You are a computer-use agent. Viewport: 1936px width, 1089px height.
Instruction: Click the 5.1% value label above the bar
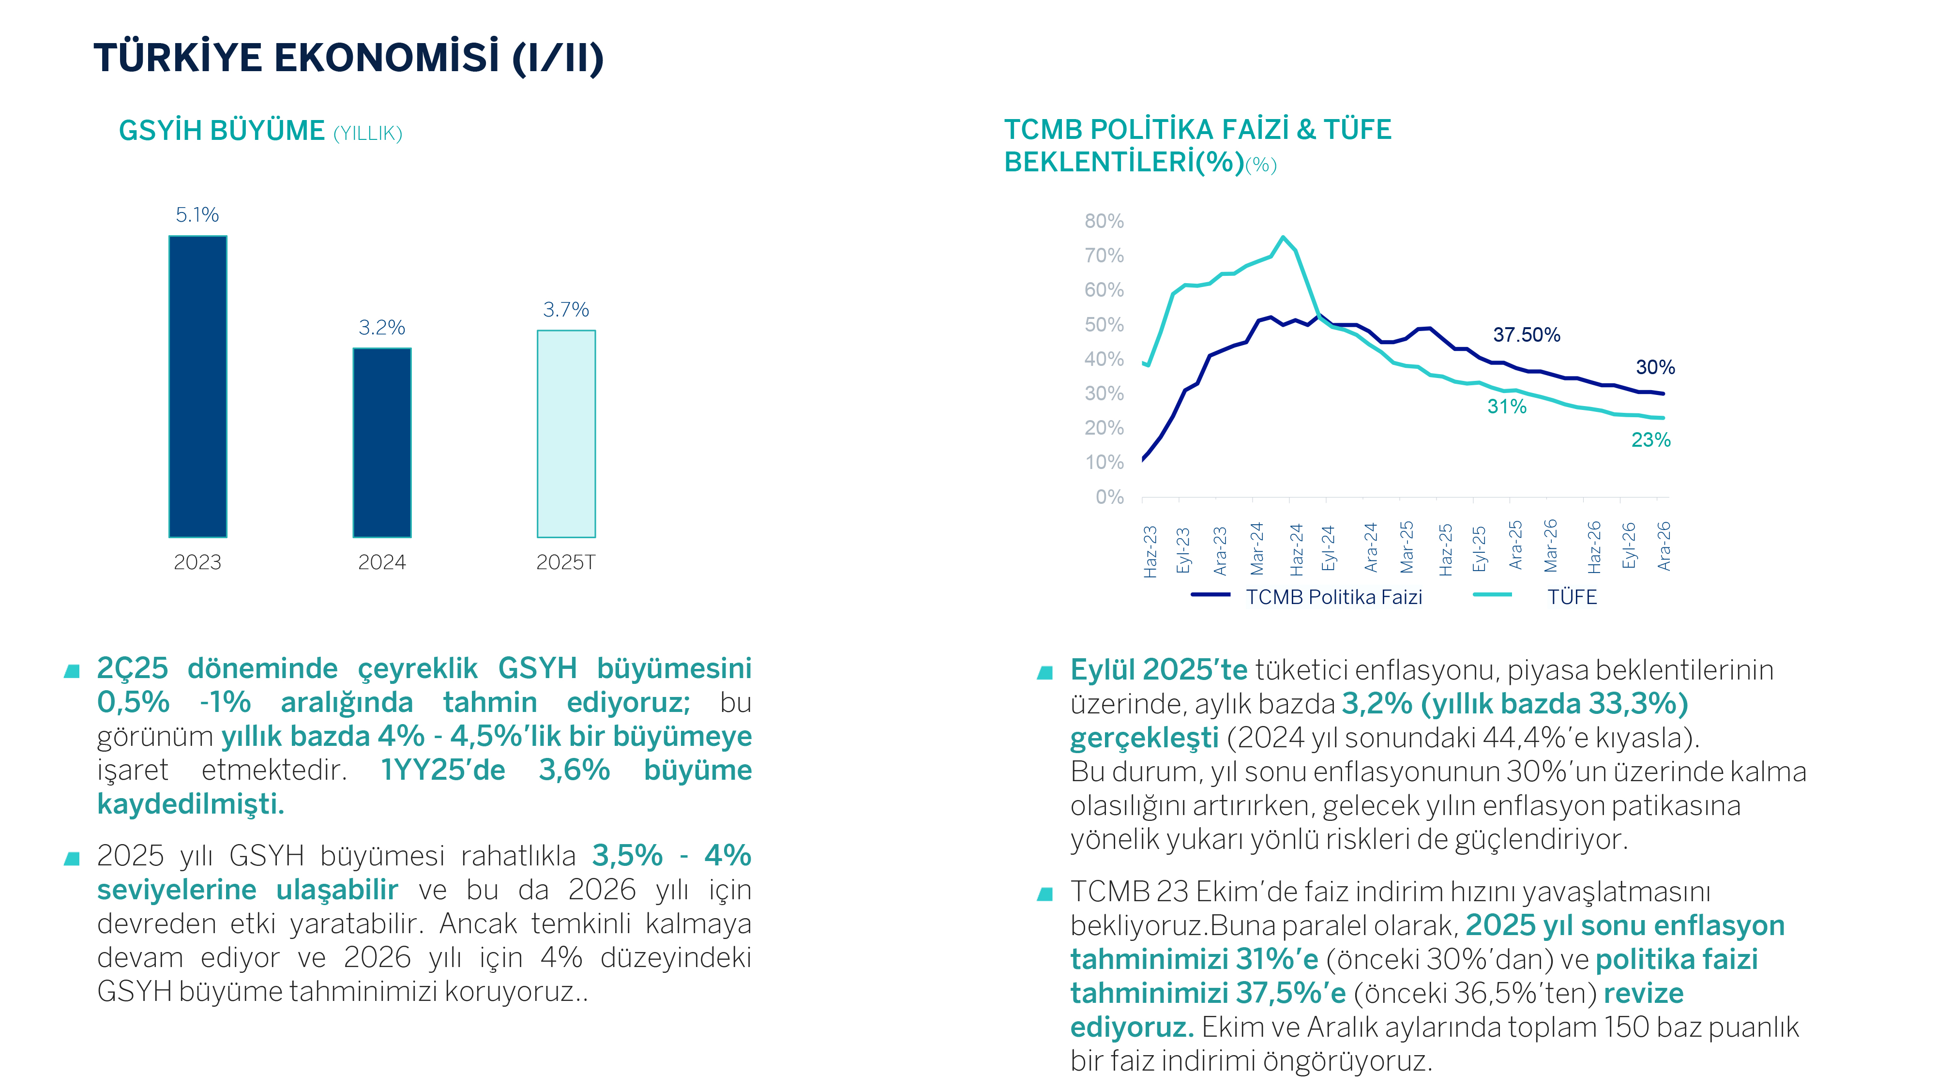pyautogui.click(x=197, y=215)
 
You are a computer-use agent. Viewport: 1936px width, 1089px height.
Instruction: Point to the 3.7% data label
pyautogui.click(x=566, y=310)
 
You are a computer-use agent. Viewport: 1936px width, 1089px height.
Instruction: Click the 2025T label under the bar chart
pyautogui.click(x=565, y=562)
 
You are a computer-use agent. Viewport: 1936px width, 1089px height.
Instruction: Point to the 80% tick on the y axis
pyautogui.click(x=1104, y=221)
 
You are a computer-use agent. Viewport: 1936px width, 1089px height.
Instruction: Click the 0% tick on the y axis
pyautogui.click(x=1109, y=497)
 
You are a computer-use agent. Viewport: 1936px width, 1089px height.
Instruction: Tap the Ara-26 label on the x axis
pyautogui.click(x=1664, y=546)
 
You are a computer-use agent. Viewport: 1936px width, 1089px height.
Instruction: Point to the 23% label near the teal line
pyautogui.click(x=1650, y=439)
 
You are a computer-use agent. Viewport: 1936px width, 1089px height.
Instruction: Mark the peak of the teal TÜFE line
pyautogui.click(x=1283, y=238)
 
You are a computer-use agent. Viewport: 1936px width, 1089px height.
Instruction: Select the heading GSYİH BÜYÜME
pyautogui.click(x=222, y=131)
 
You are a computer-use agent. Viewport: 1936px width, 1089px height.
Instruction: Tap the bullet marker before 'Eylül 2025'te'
pyautogui.click(x=1044, y=672)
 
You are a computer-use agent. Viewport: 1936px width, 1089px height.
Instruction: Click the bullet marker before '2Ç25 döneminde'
pyautogui.click(x=72, y=670)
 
